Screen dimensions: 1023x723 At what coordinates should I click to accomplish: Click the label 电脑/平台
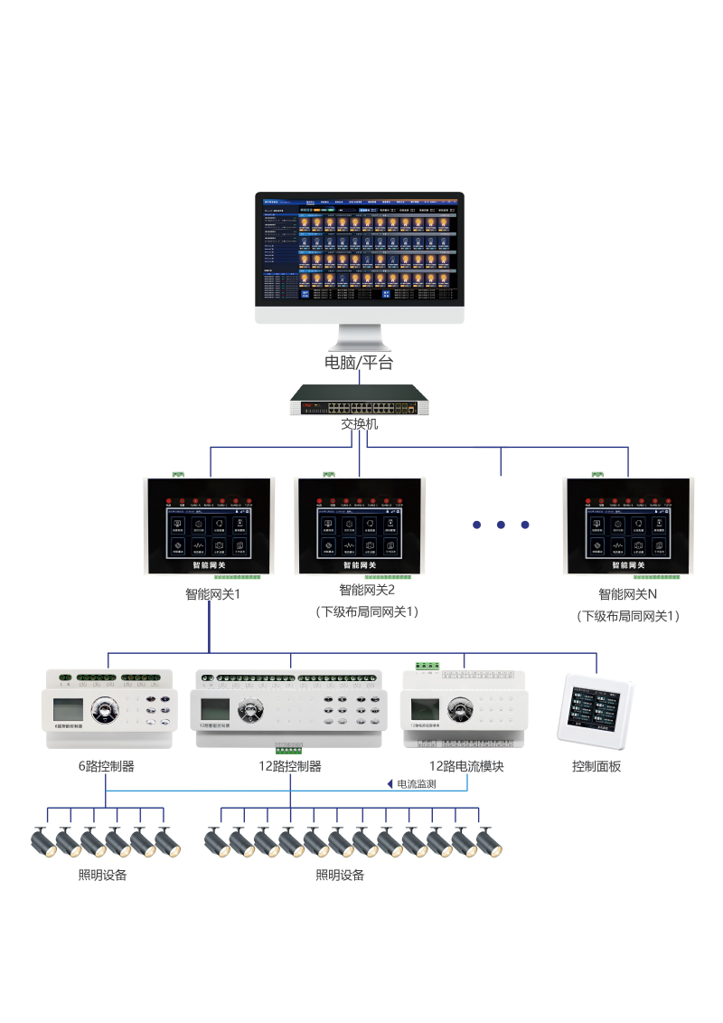[x=359, y=363]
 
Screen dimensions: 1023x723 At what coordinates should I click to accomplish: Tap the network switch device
[x=359, y=399]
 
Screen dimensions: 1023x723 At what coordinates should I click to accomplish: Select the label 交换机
[x=359, y=423]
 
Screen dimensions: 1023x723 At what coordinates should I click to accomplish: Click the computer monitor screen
[x=359, y=251]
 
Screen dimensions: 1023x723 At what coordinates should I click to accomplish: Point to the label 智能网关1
[x=211, y=594]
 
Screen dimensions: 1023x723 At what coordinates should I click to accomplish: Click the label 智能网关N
[x=627, y=594]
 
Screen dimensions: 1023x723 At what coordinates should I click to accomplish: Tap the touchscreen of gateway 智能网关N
[x=628, y=534]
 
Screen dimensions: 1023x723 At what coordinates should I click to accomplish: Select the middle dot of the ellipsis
[x=501, y=525]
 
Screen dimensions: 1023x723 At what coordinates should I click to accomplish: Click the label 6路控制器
[x=106, y=766]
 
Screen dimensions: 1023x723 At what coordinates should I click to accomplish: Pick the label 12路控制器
[x=289, y=766]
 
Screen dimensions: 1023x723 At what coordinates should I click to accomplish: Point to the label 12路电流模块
[x=465, y=766]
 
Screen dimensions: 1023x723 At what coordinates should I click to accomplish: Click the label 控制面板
[x=596, y=766]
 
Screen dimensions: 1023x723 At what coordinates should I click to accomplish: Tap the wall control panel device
[x=597, y=708]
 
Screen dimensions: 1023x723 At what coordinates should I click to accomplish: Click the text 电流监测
[x=417, y=784]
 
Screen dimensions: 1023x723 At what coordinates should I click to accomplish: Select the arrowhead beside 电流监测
[x=390, y=784]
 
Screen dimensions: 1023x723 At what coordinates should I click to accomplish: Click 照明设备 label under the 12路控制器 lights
[x=340, y=875]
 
